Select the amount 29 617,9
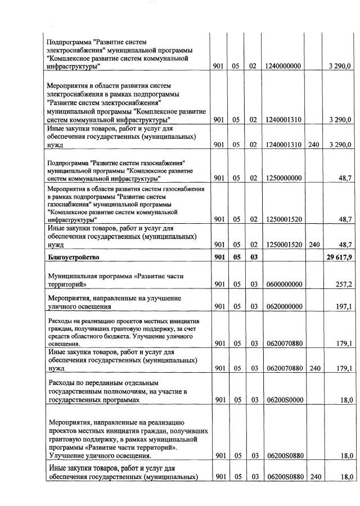(339, 257)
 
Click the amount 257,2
(344, 284)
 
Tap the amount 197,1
(344, 306)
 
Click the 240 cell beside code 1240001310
(313, 144)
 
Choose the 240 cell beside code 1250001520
(313, 245)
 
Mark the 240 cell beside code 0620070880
(313, 368)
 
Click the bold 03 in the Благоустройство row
(253, 257)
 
